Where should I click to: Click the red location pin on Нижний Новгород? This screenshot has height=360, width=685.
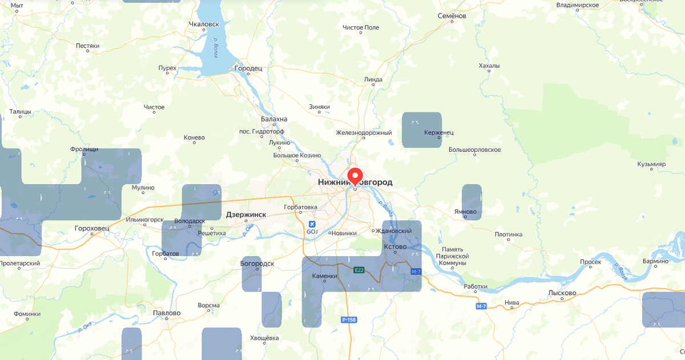[x=355, y=176]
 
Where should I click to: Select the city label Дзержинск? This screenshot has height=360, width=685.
[x=246, y=215]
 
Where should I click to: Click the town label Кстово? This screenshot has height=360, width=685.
[x=395, y=246]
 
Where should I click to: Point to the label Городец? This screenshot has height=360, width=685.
[x=248, y=68]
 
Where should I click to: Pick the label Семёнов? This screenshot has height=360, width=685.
[x=452, y=16]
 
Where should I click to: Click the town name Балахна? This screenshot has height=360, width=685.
[x=274, y=119]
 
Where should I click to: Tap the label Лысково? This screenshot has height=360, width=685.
[x=562, y=293]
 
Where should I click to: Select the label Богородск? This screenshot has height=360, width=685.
[x=257, y=264]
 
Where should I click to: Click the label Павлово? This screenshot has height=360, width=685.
[x=167, y=313]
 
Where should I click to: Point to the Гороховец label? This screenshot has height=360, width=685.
[x=91, y=228]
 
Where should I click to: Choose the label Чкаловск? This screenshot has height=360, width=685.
[x=204, y=25]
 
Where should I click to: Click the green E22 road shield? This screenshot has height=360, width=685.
[x=359, y=270]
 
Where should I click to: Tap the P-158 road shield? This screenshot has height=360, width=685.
[x=349, y=319]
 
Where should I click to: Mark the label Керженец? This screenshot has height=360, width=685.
[x=439, y=132]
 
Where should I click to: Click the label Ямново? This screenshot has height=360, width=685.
[x=465, y=212]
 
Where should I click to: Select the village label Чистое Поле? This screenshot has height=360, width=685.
[x=361, y=27]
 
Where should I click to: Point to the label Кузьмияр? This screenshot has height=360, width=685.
[x=652, y=164]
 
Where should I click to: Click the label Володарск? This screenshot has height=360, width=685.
[x=190, y=220]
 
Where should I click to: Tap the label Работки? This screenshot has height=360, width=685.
[x=476, y=286]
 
